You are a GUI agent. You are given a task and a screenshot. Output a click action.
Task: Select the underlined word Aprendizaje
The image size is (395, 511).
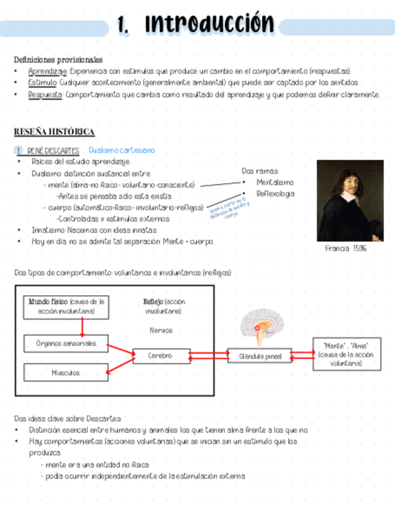(x=43, y=71)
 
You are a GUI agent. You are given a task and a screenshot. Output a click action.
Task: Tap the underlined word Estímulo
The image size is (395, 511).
(x=42, y=83)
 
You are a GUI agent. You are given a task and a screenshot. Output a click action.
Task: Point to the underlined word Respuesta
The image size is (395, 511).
(x=45, y=95)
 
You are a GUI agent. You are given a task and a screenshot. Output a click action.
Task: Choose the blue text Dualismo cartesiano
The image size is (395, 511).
(x=122, y=150)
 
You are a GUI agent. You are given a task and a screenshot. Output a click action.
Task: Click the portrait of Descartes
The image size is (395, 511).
(x=350, y=200)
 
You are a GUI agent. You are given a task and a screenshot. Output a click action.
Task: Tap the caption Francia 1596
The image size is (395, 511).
(x=346, y=248)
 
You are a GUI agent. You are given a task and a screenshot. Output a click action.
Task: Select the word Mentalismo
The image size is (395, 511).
(x=275, y=182)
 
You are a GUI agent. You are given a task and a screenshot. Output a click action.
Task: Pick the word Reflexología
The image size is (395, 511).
(x=275, y=193)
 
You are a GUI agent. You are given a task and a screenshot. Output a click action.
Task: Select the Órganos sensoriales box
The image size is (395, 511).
(x=66, y=344)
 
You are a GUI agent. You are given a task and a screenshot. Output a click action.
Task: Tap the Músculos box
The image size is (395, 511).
(x=66, y=372)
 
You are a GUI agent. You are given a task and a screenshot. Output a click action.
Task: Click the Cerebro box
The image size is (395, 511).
(x=161, y=356)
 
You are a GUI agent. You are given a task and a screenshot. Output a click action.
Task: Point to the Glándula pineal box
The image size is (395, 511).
(x=260, y=356)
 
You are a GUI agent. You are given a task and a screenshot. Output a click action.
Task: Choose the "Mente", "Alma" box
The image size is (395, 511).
(x=346, y=354)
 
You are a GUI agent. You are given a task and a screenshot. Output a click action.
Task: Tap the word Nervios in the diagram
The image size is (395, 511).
(x=161, y=330)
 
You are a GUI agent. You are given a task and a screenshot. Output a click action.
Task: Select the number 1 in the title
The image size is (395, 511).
(x=123, y=25)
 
